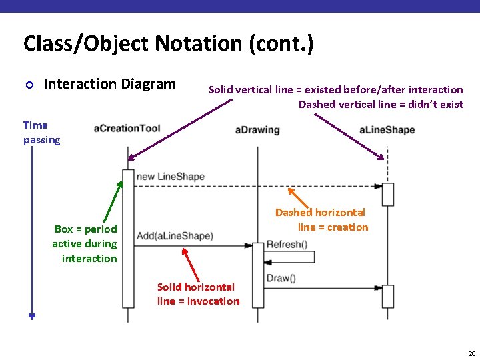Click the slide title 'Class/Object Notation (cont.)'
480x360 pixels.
click(x=168, y=44)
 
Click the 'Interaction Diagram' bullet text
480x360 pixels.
click(x=109, y=84)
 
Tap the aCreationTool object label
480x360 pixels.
click(x=127, y=128)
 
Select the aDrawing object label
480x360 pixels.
click(x=257, y=129)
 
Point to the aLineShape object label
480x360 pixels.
click(x=387, y=129)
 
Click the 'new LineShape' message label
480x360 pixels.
click(x=170, y=177)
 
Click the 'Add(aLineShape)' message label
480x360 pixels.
click(x=175, y=235)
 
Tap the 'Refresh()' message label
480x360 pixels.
click(x=286, y=244)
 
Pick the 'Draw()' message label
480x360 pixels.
click(x=281, y=278)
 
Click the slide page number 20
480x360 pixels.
click(x=471, y=353)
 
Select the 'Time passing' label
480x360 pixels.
click(x=41, y=132)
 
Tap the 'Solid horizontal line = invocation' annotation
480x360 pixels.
click(x=198, y=294)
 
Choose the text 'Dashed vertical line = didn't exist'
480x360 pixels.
click(x=381, y=104)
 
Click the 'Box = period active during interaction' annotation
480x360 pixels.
click(x=85, y=243)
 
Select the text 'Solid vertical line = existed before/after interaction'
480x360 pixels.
click(x=335, y=89)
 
